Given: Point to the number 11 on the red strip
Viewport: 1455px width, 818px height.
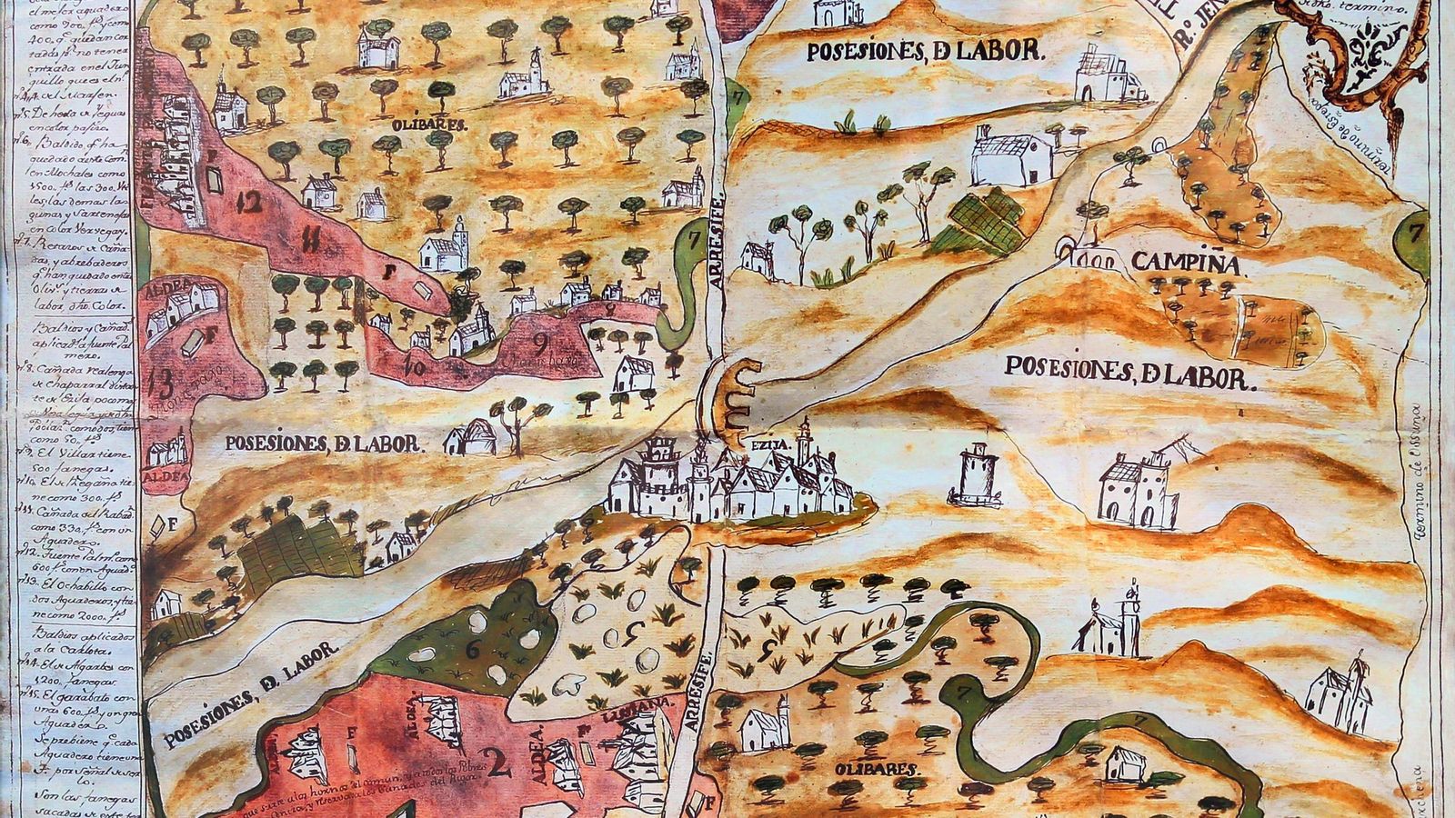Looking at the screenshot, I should tap(309, 242).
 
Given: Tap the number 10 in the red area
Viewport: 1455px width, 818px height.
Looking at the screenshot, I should tap(419, 367).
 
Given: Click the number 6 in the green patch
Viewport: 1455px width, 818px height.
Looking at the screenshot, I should tap(472, 648).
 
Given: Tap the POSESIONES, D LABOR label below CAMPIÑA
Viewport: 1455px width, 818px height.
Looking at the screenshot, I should tap(1129, 372).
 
